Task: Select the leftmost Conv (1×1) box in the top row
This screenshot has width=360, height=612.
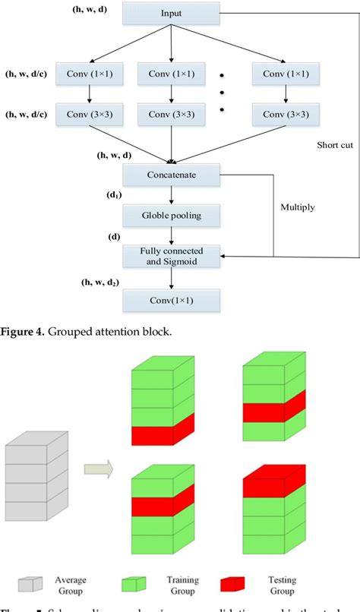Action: coord(90,74)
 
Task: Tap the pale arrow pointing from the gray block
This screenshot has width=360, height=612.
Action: coord(98,466)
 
